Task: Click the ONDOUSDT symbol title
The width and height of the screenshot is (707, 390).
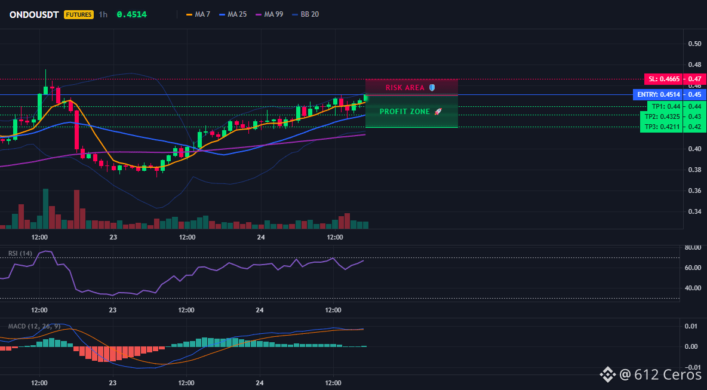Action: (34, 14)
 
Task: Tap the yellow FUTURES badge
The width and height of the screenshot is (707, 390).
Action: (78, 14)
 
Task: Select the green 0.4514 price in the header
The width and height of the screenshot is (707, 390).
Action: (131, 14)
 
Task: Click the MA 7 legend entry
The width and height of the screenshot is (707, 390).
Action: (198, 14)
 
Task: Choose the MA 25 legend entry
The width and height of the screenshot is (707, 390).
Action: (233, 14)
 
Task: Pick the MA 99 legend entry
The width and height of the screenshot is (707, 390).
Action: (269, 14)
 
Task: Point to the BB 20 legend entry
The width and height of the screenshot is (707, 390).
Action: (305, 14)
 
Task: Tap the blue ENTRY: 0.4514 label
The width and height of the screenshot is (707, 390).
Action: (658, 95)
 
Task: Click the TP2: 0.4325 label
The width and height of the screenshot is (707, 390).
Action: (662, 117)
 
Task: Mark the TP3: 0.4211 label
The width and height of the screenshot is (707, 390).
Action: (662, 127)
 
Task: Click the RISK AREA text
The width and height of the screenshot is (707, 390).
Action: (405, 87)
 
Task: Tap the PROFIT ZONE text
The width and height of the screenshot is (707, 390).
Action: (405, 111)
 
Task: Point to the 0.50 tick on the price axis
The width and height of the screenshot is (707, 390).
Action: (694, 44)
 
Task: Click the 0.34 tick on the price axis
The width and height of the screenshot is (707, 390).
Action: (694, 211)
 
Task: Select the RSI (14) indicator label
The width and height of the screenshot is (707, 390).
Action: (20, 253)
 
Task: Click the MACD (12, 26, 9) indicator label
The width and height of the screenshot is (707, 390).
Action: (34, 326)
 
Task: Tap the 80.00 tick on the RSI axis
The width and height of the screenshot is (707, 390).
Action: (693, 247)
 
